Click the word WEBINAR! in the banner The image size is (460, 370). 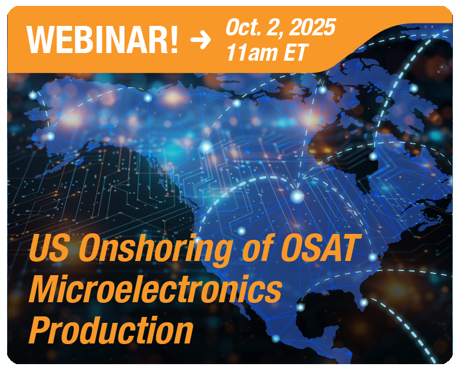click(x=102, y=39)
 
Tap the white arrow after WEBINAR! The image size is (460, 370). click(x=201, y=40)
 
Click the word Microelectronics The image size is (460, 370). click(x=156, y=289)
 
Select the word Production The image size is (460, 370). click(x=111, y=330)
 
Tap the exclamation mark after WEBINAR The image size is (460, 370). click(x=174, y=39)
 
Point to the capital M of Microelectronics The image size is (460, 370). click(x=48, y=289)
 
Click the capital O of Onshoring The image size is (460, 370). click(x=90, y=248)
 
